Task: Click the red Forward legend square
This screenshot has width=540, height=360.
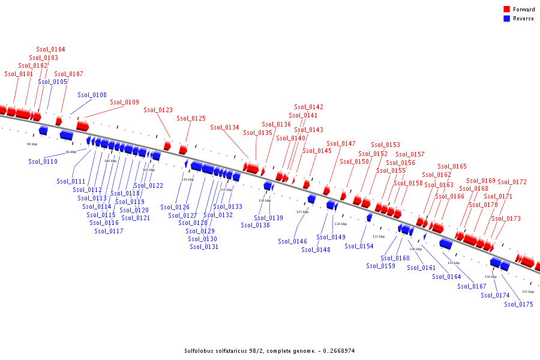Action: coord(506,10)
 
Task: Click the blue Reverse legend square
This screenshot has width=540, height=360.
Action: coord(506,19)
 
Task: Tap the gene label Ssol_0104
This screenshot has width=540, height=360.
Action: coord(51,50)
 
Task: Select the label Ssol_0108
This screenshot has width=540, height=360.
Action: coord(92,95)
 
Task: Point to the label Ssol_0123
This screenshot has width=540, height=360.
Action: coord(158,110)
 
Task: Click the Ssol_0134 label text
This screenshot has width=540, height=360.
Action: coord(225,128)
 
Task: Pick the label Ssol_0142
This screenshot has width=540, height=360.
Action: coord(309,107)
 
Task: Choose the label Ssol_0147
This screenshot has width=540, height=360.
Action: coord(341,144)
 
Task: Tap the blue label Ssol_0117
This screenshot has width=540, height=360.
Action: coord(109,232)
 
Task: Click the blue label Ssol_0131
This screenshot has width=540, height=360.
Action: coord(205,247)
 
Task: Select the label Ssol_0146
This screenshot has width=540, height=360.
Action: coord(293,242)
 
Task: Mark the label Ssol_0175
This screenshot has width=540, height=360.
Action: coord(519,304)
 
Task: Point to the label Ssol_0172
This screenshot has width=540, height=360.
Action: coord(512,182)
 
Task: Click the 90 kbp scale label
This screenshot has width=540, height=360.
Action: coord(32,145)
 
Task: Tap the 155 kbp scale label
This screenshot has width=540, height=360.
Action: coord(528,292)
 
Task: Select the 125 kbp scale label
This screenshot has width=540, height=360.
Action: coord(302,212)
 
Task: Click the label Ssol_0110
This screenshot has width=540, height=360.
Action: coord(43,162)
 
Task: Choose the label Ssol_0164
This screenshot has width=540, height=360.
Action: coord(447,277)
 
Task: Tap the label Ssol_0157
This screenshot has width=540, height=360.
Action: coord(410,155)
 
